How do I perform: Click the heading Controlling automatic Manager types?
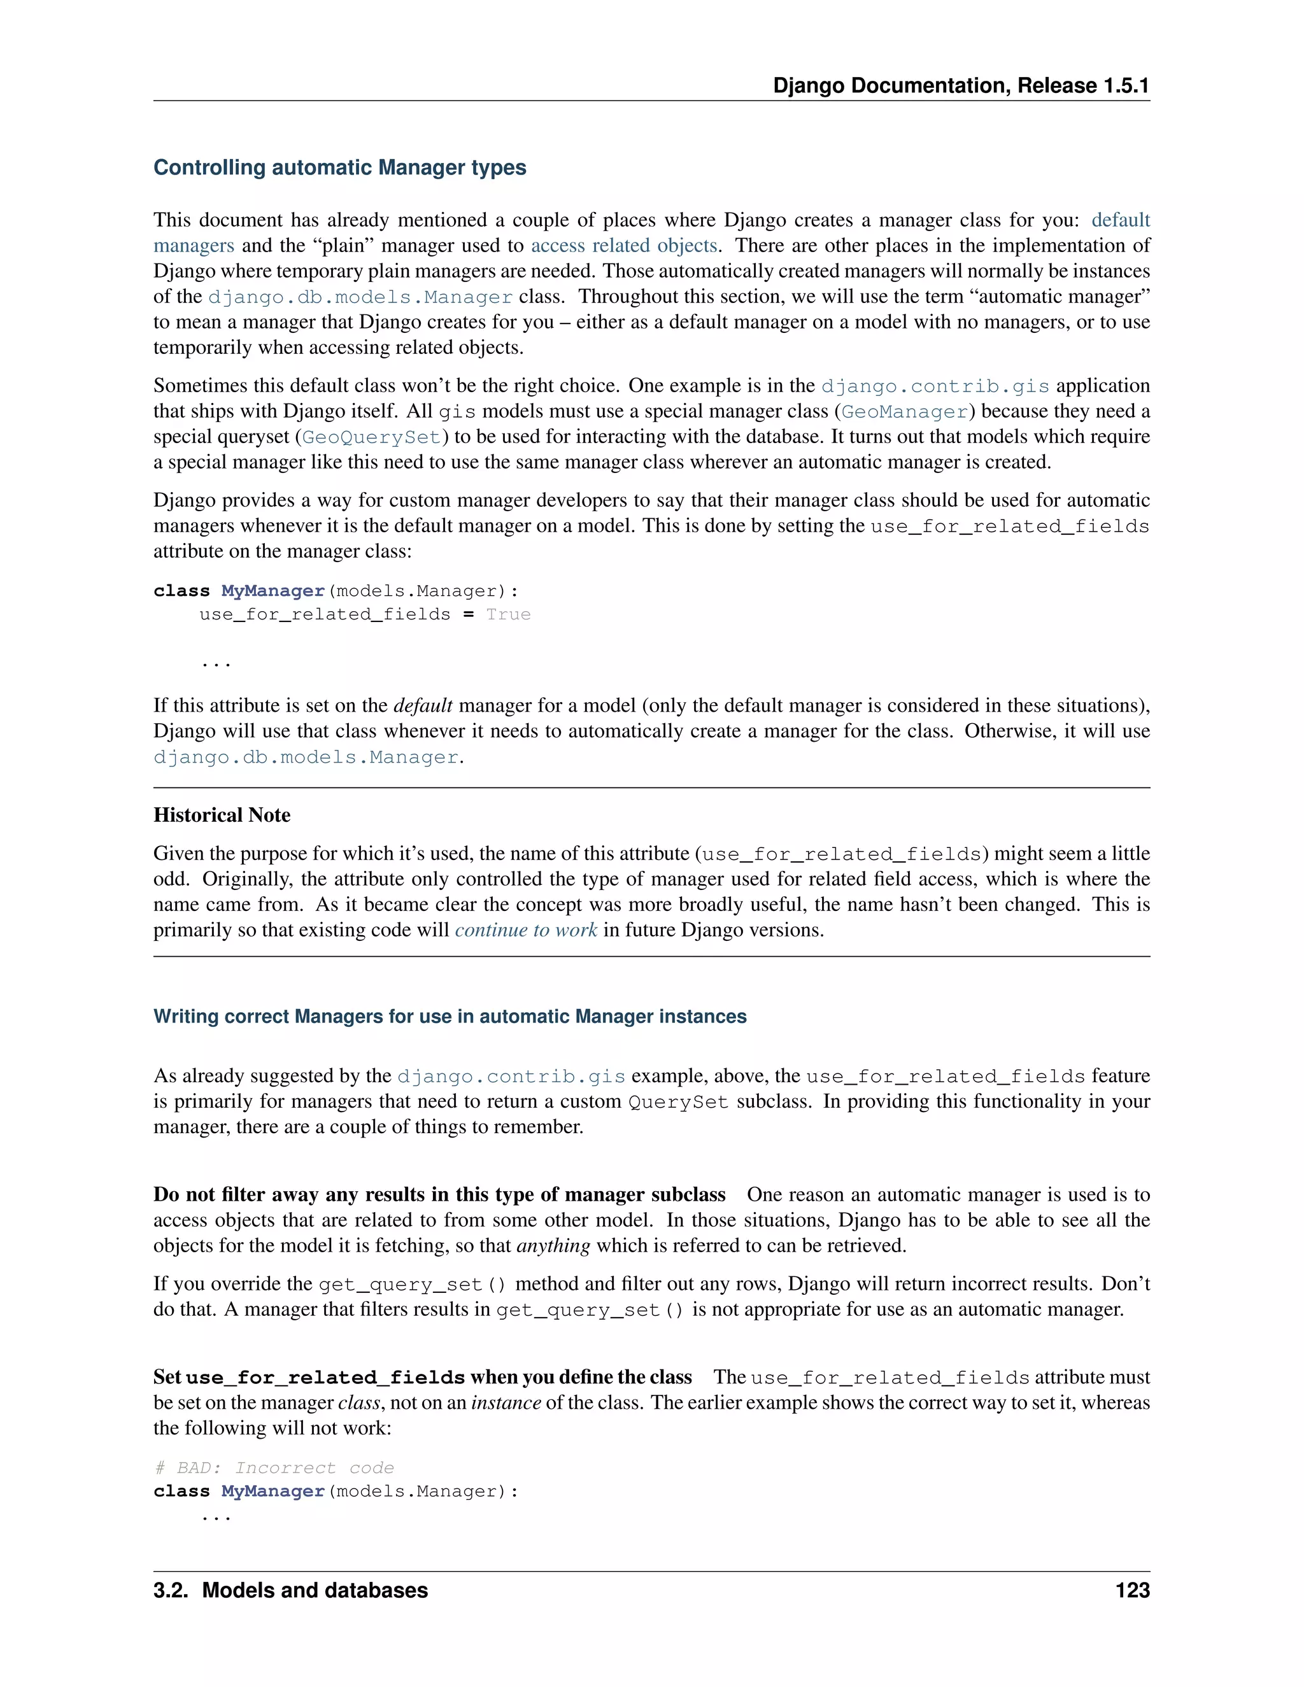click(x=340, y=167)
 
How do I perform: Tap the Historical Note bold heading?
click(x=222, y=815)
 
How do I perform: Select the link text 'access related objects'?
click(x=623, y=246)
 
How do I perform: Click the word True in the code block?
click(x=507, y=614)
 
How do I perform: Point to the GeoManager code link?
click(x=905, y=412)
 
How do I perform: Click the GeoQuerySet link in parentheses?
click(x=371, y=437)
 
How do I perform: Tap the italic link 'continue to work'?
click(x=525, y=930)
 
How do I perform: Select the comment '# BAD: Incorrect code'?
click(x=274, y=1467)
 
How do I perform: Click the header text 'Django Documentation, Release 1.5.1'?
click(x=961, y=86)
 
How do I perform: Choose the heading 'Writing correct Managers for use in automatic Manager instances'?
click(x=450, y=1017)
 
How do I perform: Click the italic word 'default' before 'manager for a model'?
click(x=423, y=705)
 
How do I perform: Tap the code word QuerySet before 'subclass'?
click(x=678, y=1102)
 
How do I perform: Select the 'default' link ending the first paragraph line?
click(x=1120, y=220)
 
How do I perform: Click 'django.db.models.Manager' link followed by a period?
click(x=306, y=757)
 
